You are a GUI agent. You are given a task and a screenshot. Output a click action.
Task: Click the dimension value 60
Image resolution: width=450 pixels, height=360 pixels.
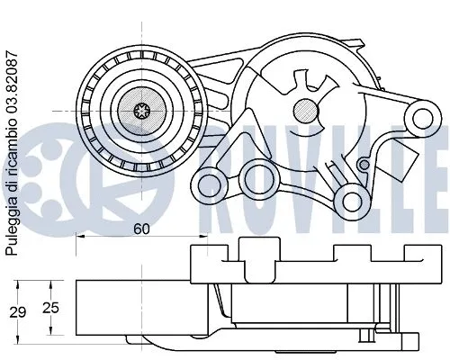tap(140, 229)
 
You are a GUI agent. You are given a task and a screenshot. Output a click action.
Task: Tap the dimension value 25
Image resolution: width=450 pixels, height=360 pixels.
tap(51, 309)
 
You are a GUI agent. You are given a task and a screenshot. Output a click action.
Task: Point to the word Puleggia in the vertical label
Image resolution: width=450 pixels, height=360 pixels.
tap(12, 236)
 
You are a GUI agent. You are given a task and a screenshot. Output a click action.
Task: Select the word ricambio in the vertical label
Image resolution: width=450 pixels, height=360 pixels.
tap(12, 143)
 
